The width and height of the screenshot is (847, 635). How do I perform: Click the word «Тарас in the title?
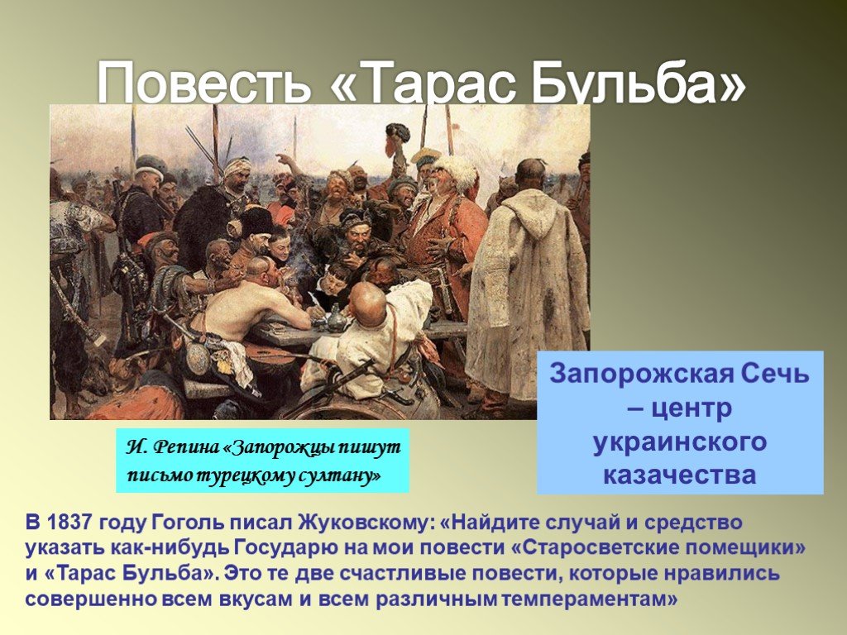[427, 82]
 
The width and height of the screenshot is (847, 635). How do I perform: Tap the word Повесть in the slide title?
[204, 82]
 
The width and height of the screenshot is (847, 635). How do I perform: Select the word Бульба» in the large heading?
[639, 82]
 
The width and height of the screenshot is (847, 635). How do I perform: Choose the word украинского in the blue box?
[680, 442]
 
